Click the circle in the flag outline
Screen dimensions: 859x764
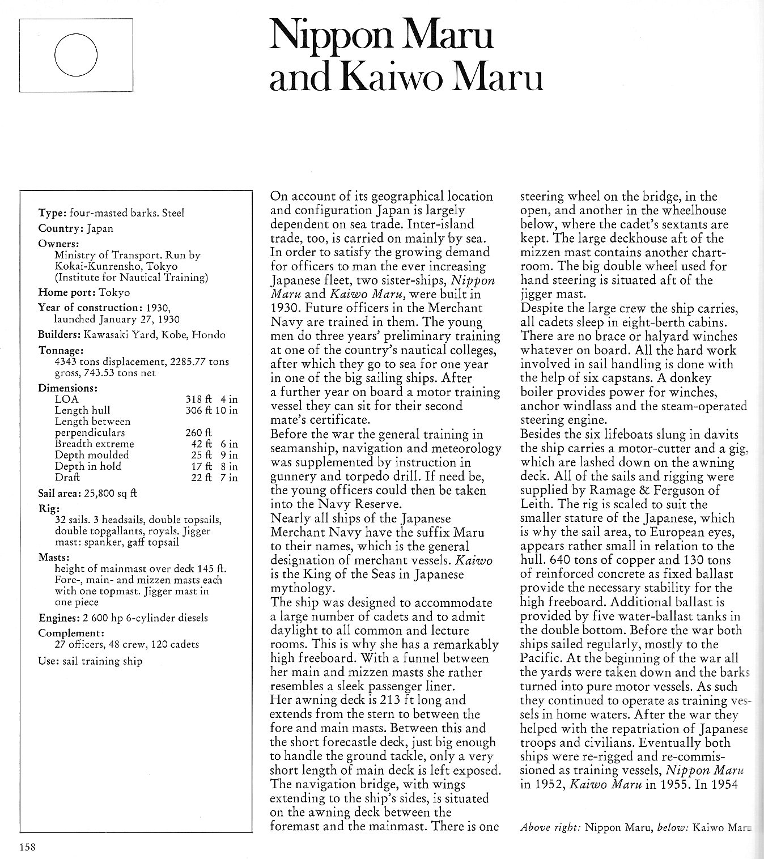click(76, 55)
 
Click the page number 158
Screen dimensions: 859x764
click(28, 848)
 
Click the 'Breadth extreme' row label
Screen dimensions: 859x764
click(94, 444)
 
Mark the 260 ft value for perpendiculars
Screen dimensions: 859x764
click(194, 433)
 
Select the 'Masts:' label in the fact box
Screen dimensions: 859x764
click(54, 558)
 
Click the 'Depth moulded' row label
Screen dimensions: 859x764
click(92, 455)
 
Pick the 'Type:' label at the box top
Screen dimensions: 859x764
click(52, 213)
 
